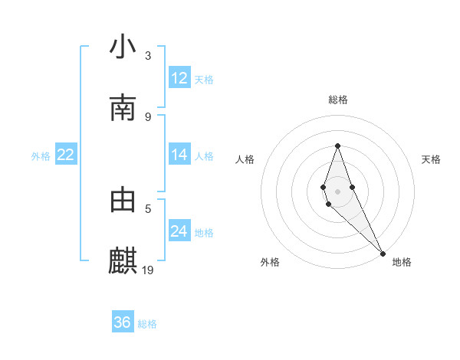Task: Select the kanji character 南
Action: tap(123, 108)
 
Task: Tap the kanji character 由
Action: tap(123, 200)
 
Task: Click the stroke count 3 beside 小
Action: tap(148, 55)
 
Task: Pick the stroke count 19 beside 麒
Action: tap(149, 270)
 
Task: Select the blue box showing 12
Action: tap(179, 78)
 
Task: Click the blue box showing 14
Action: tap(179, 155)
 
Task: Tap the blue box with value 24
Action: tap(179, 231)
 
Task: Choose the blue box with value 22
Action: tap(66, 155)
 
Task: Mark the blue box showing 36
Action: tap(123, 322)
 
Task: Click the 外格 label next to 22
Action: tap(41, 156)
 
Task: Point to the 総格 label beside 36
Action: tap(147, 324)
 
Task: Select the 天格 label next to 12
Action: tap(204, 80)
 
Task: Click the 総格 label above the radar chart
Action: tap(338, 100)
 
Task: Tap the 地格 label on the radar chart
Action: tap(402, 262)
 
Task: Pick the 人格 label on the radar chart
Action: tap(245, 159)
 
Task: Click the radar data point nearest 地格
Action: tap(383, 253)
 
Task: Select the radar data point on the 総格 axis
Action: tap(337, 146)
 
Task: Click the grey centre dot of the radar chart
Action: tap(337, 191)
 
